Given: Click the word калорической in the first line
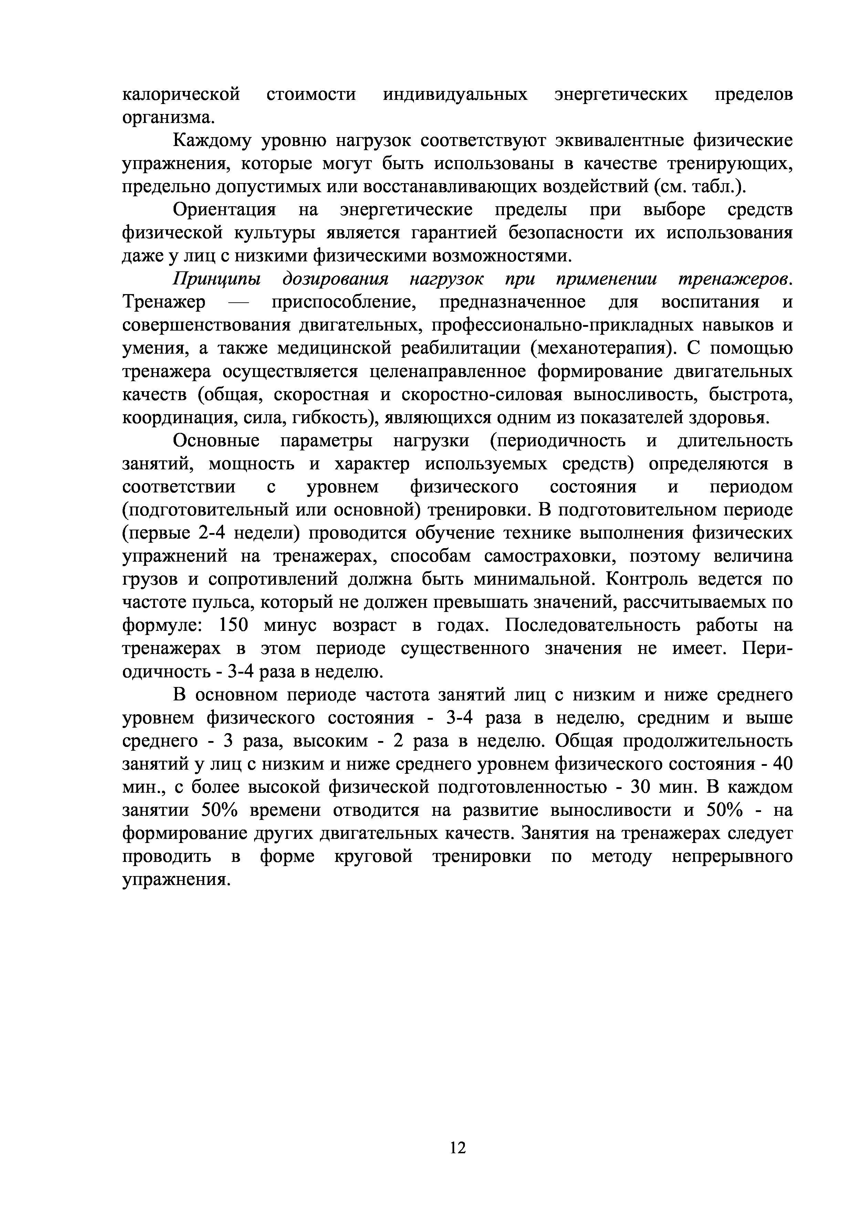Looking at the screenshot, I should point(181,95).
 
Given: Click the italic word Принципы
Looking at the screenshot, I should point(217,279).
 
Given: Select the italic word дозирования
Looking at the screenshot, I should point(335,279).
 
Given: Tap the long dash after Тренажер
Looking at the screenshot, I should point(238,303).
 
